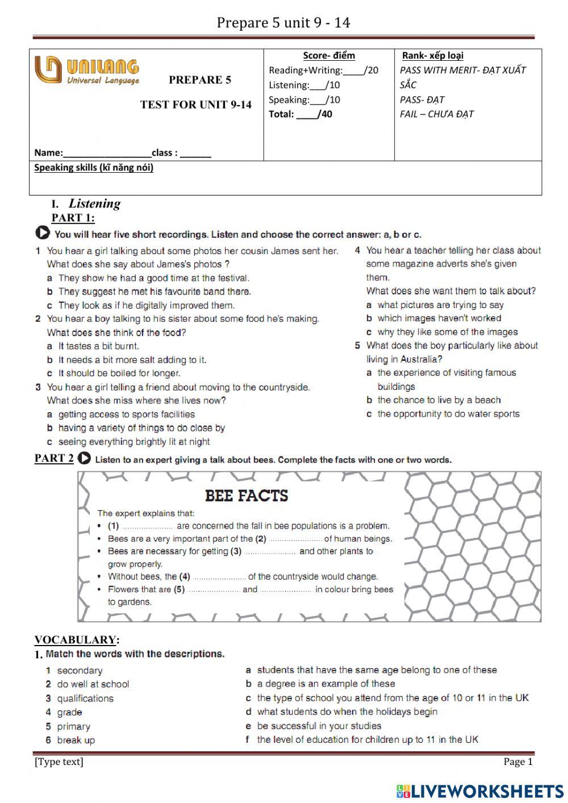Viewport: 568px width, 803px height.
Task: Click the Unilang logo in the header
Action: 86,72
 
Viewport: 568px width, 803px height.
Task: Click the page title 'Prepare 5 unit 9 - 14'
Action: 283,23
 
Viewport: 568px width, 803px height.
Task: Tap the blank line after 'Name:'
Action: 107,153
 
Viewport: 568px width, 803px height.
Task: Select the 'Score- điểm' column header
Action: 329,56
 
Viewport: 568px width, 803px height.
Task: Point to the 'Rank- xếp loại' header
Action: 432,56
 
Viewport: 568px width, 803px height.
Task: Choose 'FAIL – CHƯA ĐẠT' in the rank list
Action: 436,114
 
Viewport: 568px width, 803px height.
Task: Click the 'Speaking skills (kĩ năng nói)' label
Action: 94,168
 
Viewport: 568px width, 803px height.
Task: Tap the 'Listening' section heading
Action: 94,203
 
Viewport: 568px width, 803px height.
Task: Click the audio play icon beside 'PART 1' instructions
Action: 42,234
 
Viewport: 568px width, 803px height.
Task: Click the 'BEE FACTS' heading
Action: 247,496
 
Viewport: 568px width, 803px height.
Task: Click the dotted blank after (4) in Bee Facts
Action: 219,577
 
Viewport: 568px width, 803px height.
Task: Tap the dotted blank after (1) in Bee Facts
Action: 147,526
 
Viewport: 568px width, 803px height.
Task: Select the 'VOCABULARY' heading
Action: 76,640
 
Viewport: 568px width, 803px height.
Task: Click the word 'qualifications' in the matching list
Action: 85,698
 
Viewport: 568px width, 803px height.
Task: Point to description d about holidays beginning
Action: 346,712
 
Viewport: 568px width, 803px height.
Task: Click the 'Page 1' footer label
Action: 517,762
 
